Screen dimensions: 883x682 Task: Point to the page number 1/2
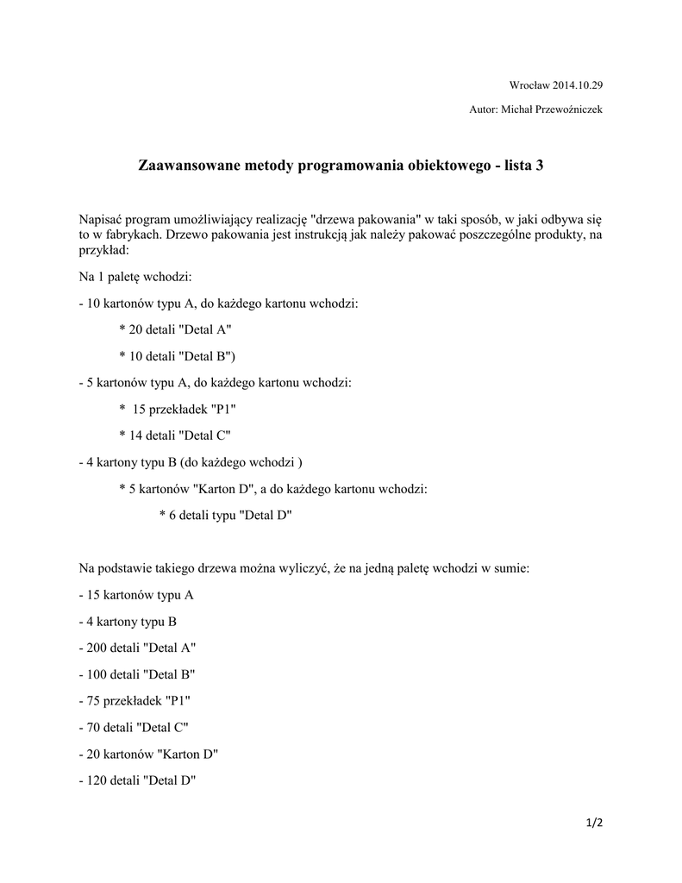(594, 823)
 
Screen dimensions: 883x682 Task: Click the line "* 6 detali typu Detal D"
(226, 515)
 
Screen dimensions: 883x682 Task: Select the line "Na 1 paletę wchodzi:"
(135, 276)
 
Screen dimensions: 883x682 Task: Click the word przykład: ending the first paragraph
(103, 249)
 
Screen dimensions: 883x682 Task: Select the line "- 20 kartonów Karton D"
(148, 755)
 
